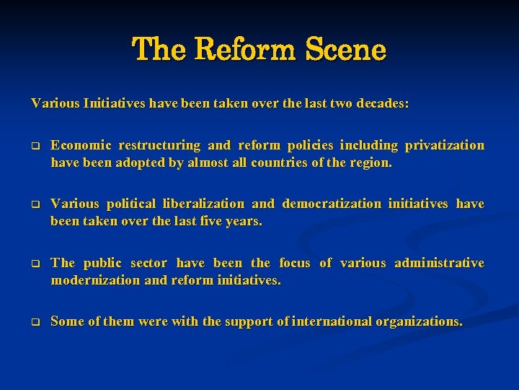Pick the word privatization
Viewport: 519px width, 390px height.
444,145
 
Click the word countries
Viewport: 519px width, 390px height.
280,162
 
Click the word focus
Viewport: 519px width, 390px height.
294,262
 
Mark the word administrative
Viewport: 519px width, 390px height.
439,262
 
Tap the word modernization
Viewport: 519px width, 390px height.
95,279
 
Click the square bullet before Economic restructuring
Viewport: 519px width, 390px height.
34,146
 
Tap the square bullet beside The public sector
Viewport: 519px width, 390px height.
34,263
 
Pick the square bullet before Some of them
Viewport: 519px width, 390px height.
34,321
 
